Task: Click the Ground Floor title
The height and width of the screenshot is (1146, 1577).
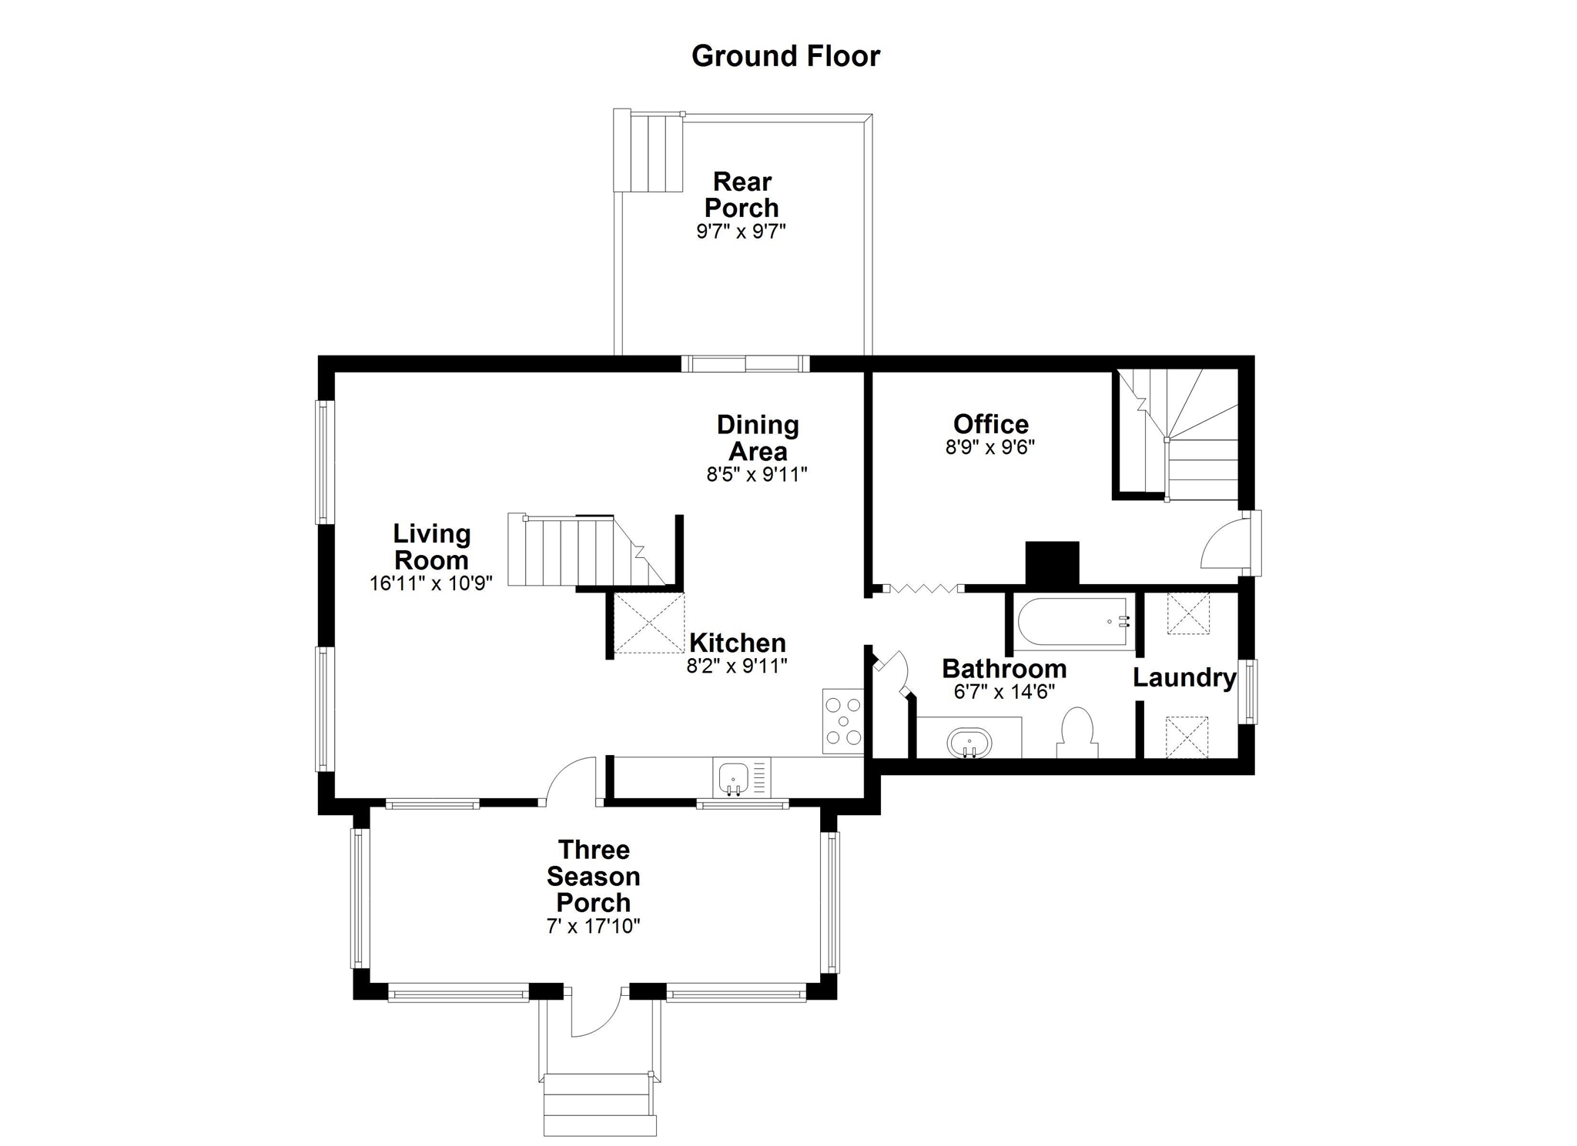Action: (785, 56)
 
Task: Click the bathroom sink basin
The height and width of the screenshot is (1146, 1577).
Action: (969, 743)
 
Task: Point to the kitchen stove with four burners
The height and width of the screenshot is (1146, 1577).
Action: (842, 721)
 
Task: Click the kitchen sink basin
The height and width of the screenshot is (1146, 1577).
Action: (732, 777)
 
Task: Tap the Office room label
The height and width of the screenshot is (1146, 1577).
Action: (991, 424)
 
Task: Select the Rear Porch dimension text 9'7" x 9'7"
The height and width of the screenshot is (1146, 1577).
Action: (741, 231)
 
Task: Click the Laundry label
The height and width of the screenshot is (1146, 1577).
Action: (1184, 677)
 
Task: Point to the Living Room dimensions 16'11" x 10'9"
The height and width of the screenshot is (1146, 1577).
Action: (431, 583)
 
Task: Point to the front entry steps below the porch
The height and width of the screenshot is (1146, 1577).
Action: (600, 1104)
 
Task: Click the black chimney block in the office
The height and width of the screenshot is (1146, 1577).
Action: (1052, 563)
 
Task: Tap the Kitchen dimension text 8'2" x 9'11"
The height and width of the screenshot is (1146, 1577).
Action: (737, 666)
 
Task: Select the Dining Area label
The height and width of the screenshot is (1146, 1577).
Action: (758, 437)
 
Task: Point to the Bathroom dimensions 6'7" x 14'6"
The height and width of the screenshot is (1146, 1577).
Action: (1004, 692)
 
